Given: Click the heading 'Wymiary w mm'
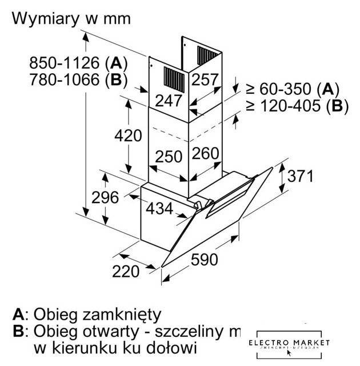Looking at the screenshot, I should tap(71, 18).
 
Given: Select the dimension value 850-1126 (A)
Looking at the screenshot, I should tap(71, 62).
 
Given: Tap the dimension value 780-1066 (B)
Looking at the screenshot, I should tap(71, 79).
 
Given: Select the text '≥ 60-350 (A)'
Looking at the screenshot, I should tap(293, 89).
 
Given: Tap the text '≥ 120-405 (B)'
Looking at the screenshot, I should tap(297, 106).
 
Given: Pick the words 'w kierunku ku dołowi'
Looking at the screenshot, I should tap(115, 347).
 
